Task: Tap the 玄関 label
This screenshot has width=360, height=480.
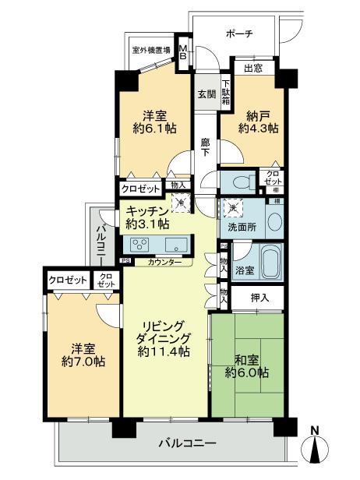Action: point(206,95)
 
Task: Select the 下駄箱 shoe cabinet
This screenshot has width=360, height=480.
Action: point(225,93)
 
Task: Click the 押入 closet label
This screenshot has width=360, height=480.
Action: point(260,297)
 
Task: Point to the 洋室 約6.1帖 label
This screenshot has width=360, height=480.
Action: point(151,120)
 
